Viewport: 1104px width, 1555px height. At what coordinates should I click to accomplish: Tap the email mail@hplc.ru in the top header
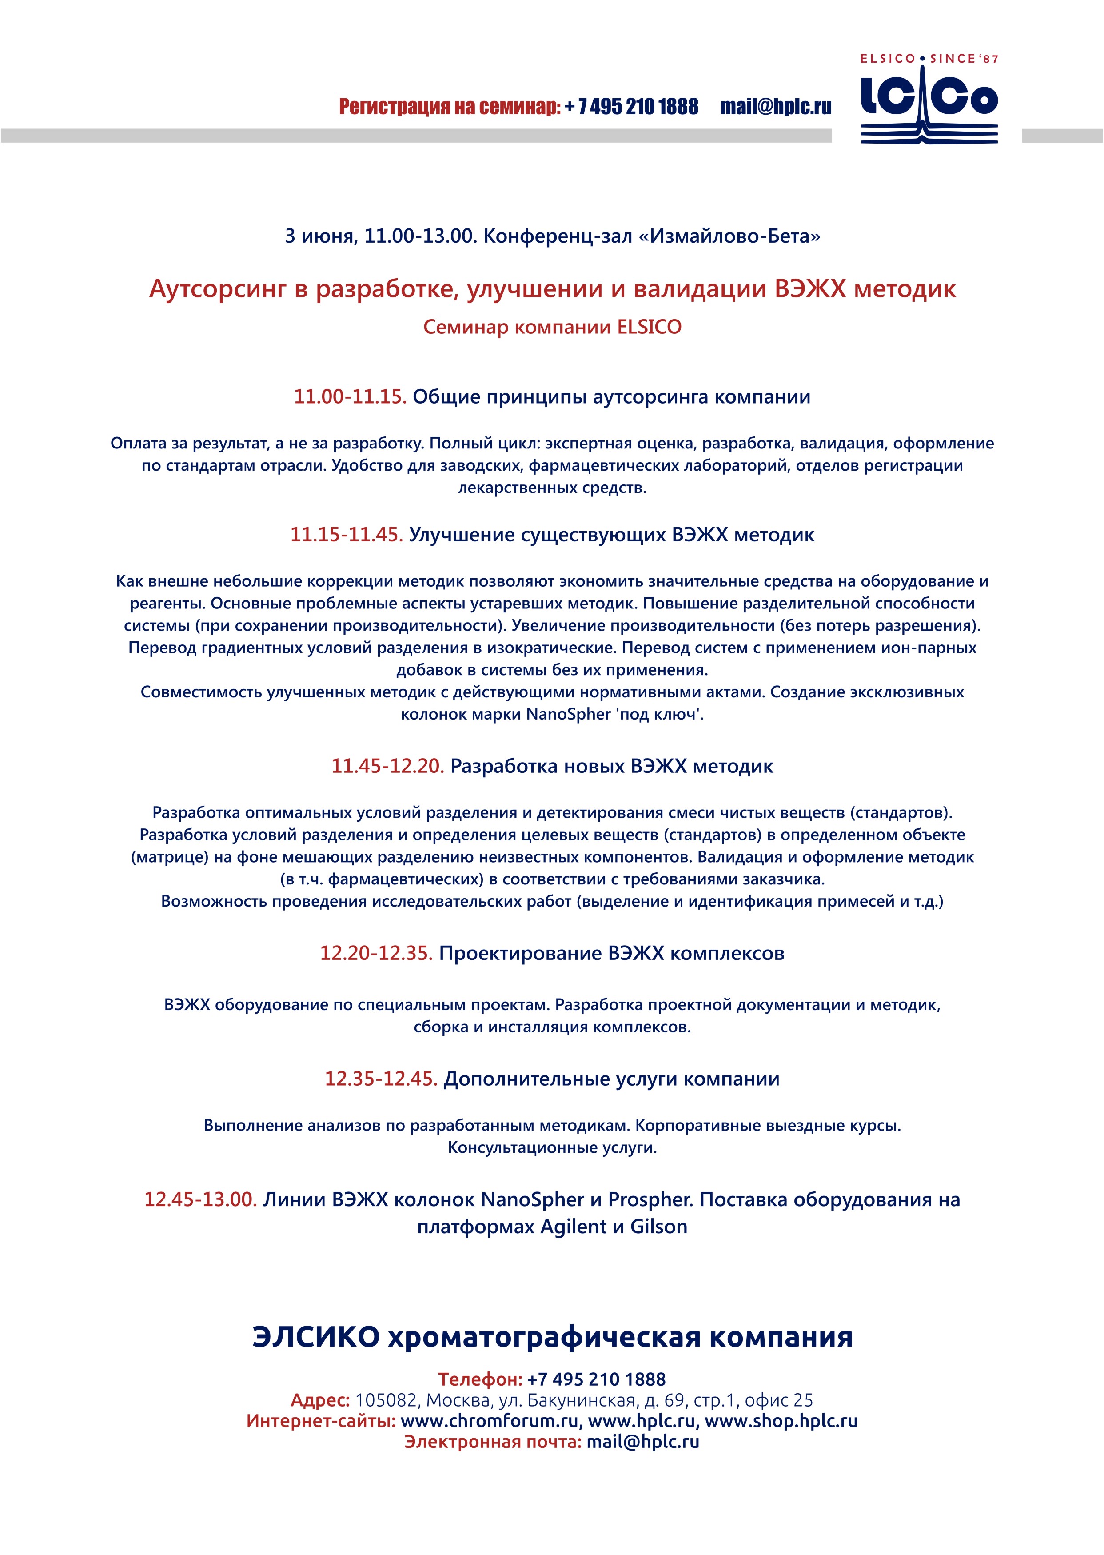pyautogui.click(x=776, y=107)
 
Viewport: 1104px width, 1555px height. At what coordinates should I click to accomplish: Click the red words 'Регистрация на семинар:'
pyautogui.click(x=449, y=107)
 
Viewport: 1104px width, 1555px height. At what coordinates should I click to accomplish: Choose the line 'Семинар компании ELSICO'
pyautogui.click(x=552, y=327)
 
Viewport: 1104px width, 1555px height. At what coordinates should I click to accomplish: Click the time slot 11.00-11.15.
pyautogui.click(x=350, y=396)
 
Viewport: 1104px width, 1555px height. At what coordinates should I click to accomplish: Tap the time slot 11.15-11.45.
pyautogui.click(x=347, y=535)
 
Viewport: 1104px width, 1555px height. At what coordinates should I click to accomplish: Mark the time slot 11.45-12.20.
pyautogui.click(x=387, y=766)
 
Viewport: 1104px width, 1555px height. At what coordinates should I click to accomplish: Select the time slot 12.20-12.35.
pyautogui.click(x=376, y=953)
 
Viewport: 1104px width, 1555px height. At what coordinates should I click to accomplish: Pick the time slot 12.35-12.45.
pyautogui.click(x=381, y=1079)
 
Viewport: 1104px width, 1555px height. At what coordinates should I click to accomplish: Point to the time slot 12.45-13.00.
pyautogui.click(x=200, y=1199)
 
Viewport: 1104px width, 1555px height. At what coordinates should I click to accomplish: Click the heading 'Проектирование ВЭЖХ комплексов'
pyautogui.click(x=611, y=953)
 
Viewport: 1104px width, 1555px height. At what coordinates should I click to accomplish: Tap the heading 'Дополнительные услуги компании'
pyautogui.click(x=611, y=1079)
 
